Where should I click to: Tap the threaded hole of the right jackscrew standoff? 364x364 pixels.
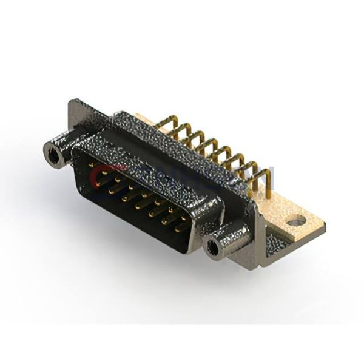point(212,247)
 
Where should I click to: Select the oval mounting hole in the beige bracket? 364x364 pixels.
point(296,222)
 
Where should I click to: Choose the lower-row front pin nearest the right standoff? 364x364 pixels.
point(180,229)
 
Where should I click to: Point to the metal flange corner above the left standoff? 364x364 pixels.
point(76,109)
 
